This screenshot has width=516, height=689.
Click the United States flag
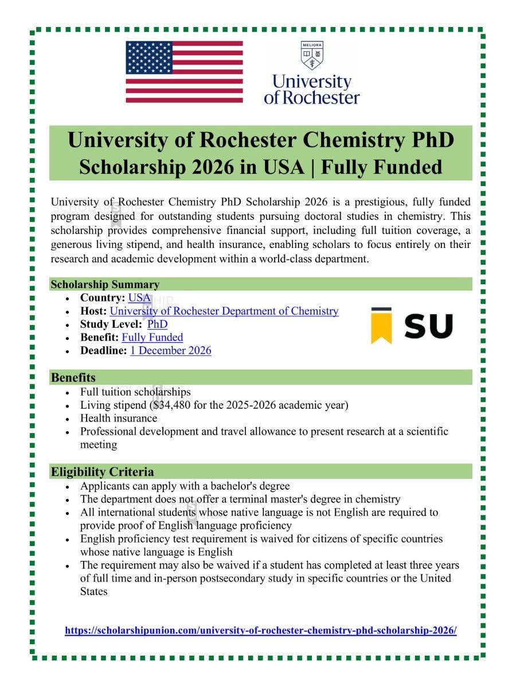[184, 72]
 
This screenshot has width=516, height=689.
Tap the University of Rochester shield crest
[311, 56]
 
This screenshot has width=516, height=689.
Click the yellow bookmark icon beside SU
[381, 326]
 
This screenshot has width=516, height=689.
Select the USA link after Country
[139, 298]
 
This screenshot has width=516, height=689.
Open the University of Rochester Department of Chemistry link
[224, 311]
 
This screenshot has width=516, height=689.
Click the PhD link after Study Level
[157, 324]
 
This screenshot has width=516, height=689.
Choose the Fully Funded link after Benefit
[153, 338]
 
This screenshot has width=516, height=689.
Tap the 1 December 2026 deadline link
[170, 351]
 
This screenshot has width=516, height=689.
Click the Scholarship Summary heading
[105, 284]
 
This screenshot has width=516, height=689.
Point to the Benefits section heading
[73, 378]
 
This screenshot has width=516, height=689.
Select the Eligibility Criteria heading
[102, 472]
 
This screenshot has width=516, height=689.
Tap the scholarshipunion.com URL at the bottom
[261, 630]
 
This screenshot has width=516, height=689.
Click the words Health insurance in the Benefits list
[119, 419]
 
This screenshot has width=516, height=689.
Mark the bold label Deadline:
[103, 351]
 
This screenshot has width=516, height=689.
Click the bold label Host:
[93, 311]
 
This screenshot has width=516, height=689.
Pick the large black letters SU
[428, 326]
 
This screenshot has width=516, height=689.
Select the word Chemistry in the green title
[350, 140]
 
